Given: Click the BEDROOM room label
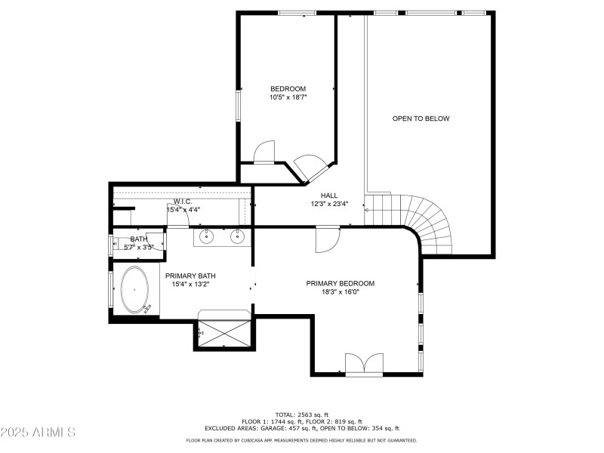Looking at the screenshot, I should (288, 88).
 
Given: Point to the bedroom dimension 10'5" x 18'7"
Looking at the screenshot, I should (288, 97).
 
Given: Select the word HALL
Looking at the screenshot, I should (329, 194).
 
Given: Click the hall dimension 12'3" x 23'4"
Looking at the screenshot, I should (329, 203).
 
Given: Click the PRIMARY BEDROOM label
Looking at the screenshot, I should (340, 283).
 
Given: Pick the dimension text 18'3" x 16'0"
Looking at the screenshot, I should (340, 292).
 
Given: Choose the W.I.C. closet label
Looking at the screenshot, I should (182, 202).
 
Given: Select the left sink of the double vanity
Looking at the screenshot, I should (207, 237).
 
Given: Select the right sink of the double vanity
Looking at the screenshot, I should (237, 237).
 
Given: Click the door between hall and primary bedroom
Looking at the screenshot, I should (327, 241).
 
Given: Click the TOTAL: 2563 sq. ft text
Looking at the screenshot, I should (302, 414).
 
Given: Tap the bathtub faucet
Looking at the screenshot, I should (147, 307).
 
